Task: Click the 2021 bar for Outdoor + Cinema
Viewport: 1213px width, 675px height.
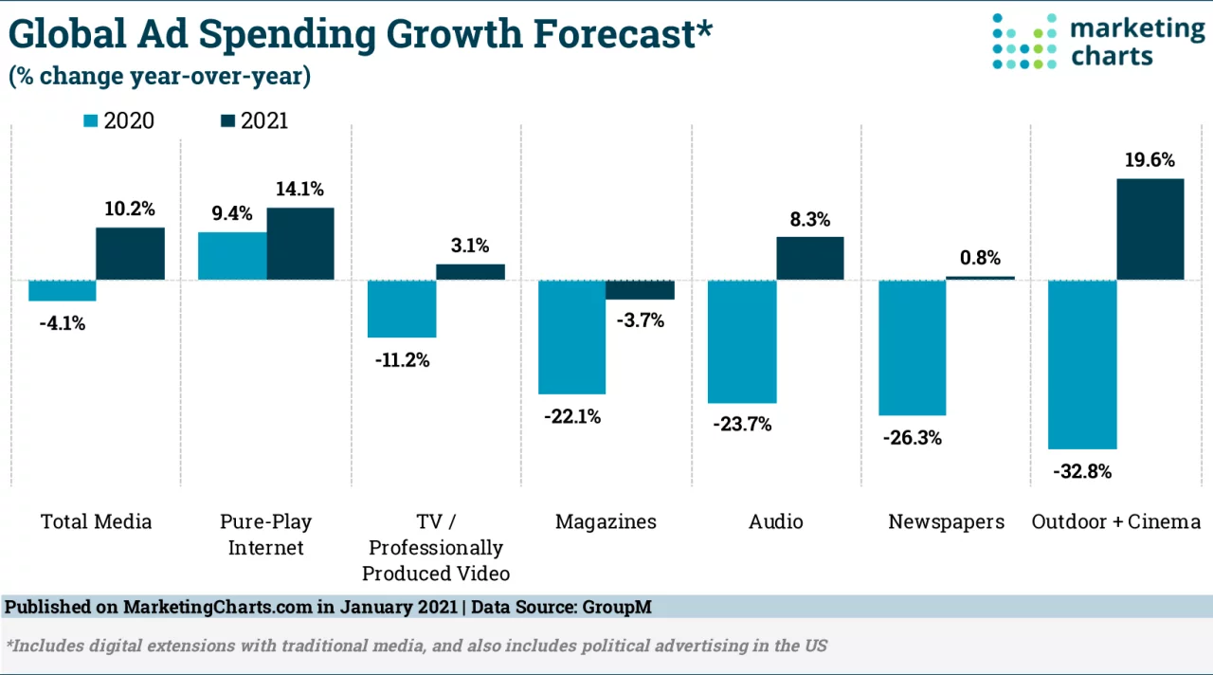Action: [1150, 229]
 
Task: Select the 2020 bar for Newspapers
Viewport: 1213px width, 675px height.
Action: [913, 348]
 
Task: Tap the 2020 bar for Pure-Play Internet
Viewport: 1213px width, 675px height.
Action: [232, 256]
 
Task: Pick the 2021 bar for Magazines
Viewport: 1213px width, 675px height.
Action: [640, 290]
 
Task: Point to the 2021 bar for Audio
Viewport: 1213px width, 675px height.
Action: [810, 258]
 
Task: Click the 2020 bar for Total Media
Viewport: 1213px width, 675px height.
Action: [63, 291]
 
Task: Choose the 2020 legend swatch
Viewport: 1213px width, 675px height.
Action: [91, 121]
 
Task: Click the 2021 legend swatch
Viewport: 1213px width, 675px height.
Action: [228, 121]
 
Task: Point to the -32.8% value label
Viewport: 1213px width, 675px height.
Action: [1080, 471]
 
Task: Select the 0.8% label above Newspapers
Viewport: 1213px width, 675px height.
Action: [980, 258]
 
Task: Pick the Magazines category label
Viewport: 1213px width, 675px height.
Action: [606, 521]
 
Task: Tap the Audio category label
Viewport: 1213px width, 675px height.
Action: [775, 521]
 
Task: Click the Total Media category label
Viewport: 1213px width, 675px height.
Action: [96, 521]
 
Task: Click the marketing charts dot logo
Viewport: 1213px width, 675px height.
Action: [1023, 42]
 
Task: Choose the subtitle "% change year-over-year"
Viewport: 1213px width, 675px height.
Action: [160, 77]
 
